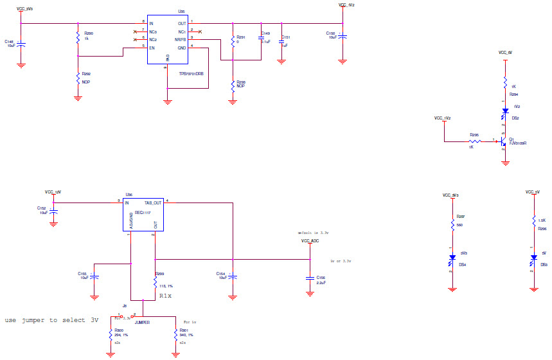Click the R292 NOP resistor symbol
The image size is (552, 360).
pos(78,79)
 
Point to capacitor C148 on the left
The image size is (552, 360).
pos(21,44)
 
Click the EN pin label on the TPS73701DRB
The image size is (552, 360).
pos(152,47)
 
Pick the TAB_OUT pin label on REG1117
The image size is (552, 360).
pos(153,203)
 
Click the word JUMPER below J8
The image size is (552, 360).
pos(143,323)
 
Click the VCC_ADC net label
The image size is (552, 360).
pos(310,240)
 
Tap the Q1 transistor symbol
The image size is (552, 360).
pos(503,141)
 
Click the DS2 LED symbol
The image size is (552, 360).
pos(505,111)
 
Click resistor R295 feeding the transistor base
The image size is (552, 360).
pos(474,140)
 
